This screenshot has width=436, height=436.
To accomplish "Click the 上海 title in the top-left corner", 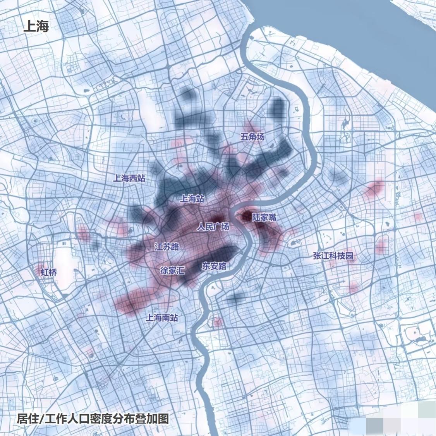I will pyautogui.click(x=36, y=27).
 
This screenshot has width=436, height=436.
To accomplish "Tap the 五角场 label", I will pyautogui.click(x=252, y=137).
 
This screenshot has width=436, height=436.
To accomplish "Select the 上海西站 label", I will pyautogui.click(x=129, y=179).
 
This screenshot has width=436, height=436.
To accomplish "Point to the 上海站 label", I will pyautogui.click(x=192, y=199).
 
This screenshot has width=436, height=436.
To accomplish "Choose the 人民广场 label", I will pyautogui.click(x=213, y=227).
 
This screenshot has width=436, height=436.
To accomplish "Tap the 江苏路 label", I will pyautogui.click(x=167, y=247).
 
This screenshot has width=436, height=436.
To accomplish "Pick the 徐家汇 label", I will pyautogui.click(x=172, y=271).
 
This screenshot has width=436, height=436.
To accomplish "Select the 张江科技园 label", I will pyautogui.click(x=333, y=256).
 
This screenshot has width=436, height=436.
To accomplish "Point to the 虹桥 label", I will pyautogui.click(x=49, y=272).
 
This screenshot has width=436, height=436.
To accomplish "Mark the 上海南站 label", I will pyautogui.click(x=162, y=318).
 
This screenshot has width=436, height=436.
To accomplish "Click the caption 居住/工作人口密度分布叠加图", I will pyautogui.click(x=93, y=419).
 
